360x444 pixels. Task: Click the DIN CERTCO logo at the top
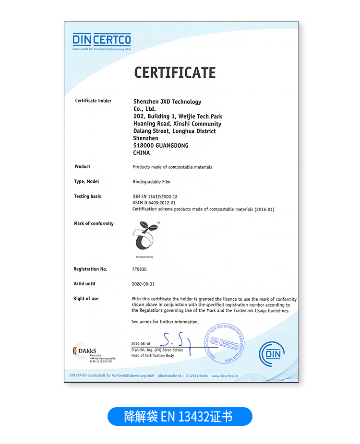(102, 41)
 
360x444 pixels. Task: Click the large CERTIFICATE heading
(175, 73)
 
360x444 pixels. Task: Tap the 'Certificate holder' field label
(93, 101)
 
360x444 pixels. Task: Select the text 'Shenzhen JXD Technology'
(167, 102)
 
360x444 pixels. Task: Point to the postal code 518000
(143, 145)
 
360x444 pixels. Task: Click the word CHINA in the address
(141, 153)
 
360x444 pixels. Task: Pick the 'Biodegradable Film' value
(151, 182)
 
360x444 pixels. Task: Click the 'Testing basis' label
(87, 196)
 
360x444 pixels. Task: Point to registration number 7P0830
(140, 269)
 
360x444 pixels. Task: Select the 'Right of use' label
(86, 299)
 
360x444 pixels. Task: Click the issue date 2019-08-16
(141, 344)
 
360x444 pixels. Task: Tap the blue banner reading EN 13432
(180, 416)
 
